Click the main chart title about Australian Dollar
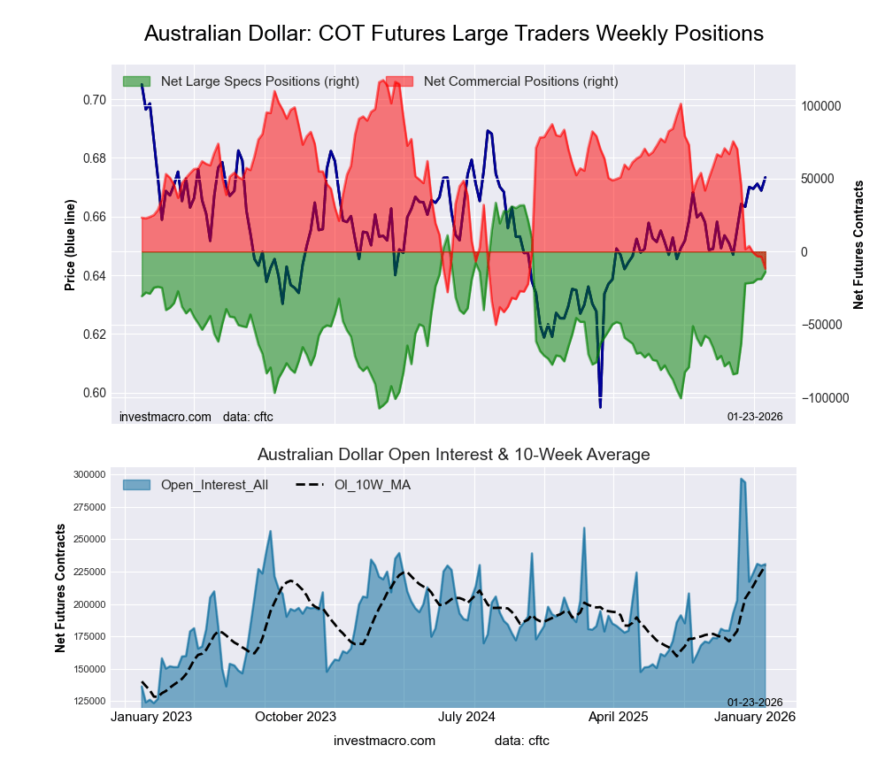453,34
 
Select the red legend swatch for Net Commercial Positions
399,81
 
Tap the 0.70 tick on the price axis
94,100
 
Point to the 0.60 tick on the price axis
94,393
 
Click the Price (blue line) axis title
70,247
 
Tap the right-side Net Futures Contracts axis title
858,245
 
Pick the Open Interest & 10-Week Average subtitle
453,455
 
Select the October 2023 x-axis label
296,718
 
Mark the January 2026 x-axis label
754,718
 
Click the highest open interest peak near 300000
741,479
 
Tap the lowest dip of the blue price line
600,407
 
